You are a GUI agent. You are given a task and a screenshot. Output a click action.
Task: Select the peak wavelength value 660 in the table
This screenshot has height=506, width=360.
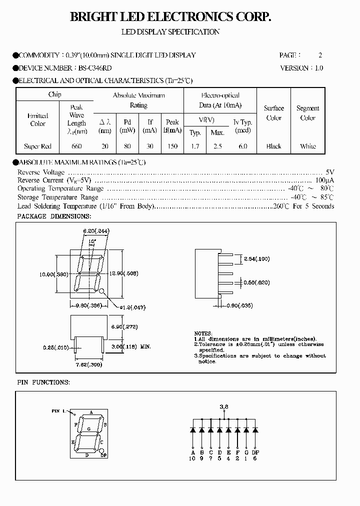coord(76,146)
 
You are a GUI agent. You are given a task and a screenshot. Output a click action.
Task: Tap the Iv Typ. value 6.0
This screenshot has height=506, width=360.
coord(242,146)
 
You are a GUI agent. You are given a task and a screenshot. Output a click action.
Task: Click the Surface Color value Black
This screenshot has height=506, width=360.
coord(273,146)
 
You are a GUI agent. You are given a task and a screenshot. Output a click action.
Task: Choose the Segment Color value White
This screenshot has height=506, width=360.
coord(307,146)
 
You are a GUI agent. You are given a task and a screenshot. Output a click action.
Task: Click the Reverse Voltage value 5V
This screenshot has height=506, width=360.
coord(329,171)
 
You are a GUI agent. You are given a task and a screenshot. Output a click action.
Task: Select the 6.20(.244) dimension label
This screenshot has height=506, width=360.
coord(96,230)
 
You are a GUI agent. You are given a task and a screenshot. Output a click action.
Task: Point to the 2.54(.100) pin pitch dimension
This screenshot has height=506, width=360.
coord(256,258)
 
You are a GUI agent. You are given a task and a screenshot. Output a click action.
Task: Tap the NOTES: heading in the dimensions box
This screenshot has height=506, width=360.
coord(203,333)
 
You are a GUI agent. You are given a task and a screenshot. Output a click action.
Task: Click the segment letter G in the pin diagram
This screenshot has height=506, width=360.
coord(88,429)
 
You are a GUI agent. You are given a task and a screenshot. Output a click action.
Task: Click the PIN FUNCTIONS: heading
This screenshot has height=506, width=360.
coord(43,382)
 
